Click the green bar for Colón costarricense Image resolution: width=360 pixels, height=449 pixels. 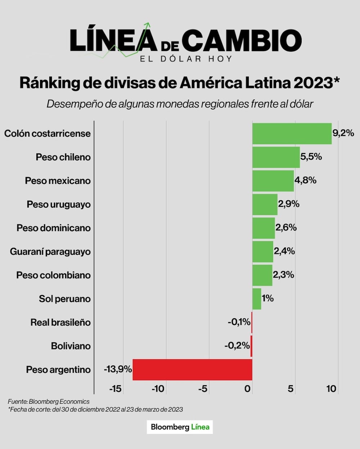click(292, 133)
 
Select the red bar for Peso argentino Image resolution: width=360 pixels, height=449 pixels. click(192, 369)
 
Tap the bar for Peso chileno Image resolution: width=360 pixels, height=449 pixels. click(276, 157)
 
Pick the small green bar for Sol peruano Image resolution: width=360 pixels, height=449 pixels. click(257, 299)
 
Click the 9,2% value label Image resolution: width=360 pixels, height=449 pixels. click(343, 133)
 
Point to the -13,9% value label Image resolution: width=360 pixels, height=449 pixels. click(118, 369)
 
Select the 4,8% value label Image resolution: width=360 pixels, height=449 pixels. click(305, 180)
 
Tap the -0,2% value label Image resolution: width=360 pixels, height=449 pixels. click(237, 346)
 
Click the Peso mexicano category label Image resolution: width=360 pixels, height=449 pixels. click(58, 181)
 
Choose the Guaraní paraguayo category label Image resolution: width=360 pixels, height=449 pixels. click(50, 252)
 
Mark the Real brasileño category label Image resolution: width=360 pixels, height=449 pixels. click(60, 322)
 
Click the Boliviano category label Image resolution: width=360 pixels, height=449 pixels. click(71, 346)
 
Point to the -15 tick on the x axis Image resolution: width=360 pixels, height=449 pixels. click(115, 389)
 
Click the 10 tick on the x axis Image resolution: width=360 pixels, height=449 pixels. click(331, 389)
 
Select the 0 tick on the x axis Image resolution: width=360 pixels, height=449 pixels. click(247, 389)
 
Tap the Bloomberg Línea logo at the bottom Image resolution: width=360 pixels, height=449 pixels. click(180, 427)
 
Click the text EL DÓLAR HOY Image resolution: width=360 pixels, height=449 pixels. click(186, 59)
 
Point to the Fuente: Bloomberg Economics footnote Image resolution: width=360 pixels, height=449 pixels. click(49, 401)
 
